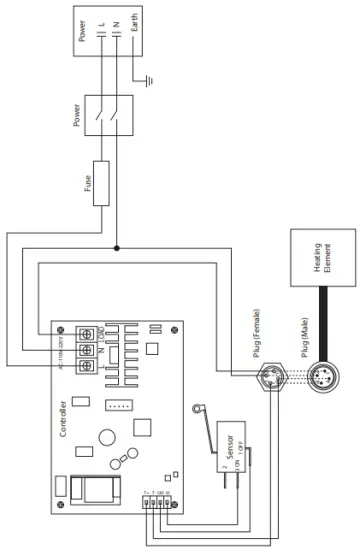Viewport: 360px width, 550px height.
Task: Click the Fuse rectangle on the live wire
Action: coord(101,183)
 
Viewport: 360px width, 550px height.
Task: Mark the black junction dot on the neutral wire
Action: coord(118,247)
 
